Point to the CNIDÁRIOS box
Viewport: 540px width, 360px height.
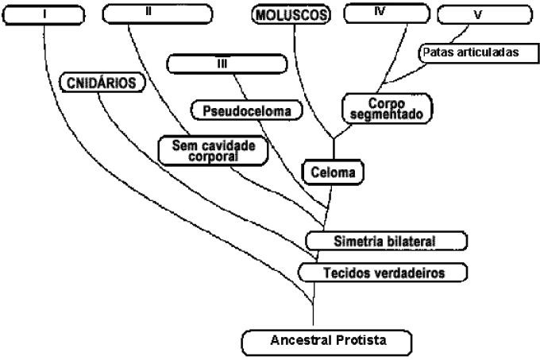click(x=102, y=82)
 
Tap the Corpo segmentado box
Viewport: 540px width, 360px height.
click(x=388, y=109)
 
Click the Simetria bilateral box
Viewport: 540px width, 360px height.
click(x=386, y=239)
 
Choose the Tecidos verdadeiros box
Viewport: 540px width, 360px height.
click(x=382, y=273)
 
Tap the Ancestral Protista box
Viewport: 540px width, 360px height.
click(x=328, y=342)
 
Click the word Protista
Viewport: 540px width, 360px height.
click(x=361, y=342)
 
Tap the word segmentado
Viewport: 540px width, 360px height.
click(x=388, y=114)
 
